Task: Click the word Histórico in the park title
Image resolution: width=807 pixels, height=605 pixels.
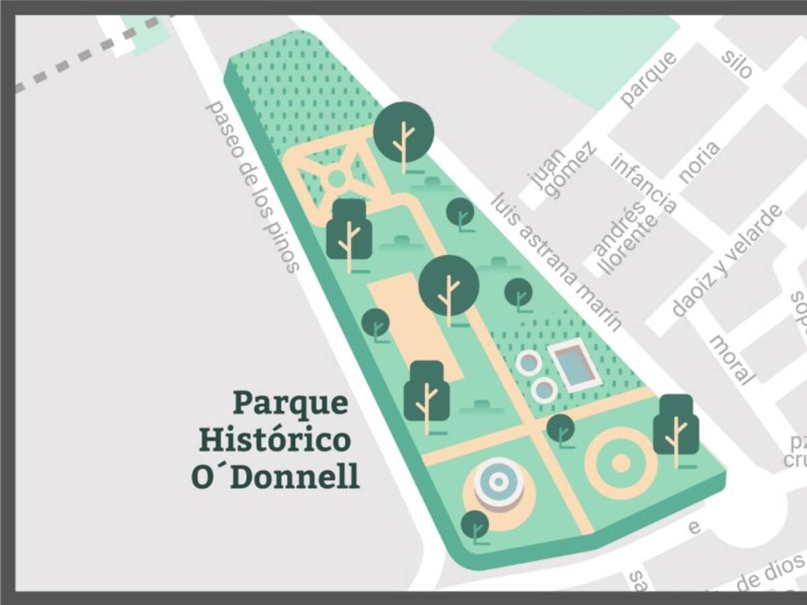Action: click(274, 440)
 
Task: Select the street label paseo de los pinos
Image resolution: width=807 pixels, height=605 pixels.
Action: click(252, 187)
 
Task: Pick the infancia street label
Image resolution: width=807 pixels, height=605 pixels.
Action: click(644, 183)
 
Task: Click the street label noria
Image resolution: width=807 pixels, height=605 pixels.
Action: click(699, 162)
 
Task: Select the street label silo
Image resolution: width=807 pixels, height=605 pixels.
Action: click(736, 64)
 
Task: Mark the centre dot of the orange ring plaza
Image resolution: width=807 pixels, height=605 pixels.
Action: click(621, 462)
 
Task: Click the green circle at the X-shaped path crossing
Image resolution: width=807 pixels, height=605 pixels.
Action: click(336, 178)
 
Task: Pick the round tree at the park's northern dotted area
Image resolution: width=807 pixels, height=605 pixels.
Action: click(403, 132)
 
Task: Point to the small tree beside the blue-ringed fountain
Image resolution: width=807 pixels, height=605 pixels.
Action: click(475, 525)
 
